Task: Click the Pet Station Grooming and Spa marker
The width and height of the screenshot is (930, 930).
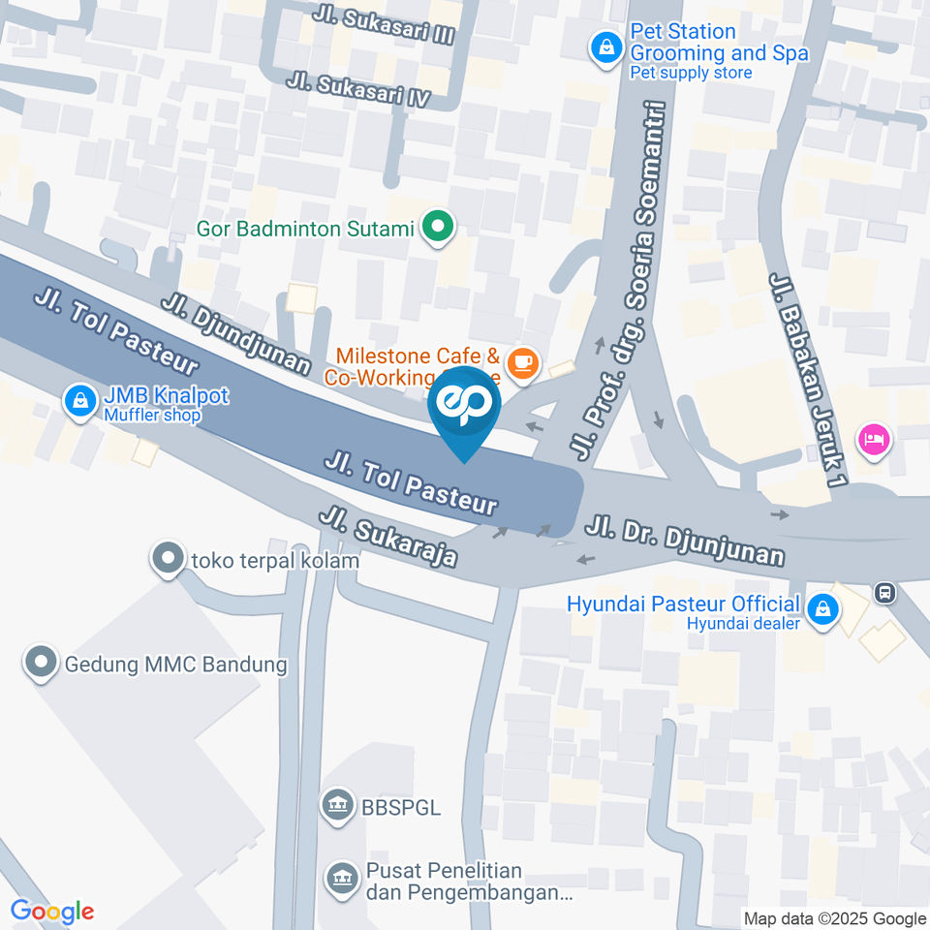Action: click(606, 46)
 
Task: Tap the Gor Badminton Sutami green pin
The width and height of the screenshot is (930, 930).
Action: click(438, 229)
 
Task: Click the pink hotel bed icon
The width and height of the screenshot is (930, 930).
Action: click(873, 439)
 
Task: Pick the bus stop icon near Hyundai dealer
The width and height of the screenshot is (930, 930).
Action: click(883, 591)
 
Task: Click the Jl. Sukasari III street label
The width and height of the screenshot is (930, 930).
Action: click(385, 27)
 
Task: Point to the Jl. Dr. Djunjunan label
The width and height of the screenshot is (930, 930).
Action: click(684, 542)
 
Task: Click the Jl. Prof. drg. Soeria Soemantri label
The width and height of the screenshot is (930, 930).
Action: click(620, 281)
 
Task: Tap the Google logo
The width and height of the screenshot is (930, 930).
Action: click(52, 911)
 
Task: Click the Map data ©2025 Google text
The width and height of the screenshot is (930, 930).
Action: click(835, 918)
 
